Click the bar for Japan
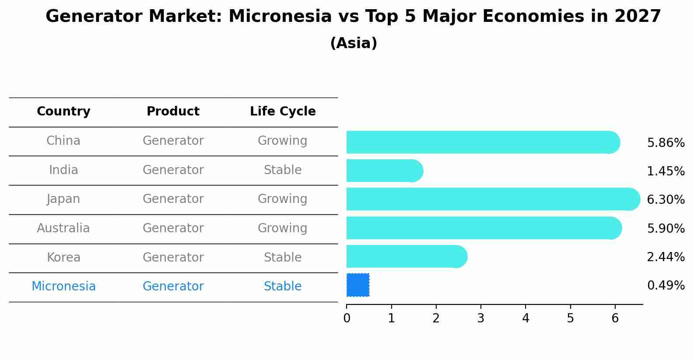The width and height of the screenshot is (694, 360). point(493,199)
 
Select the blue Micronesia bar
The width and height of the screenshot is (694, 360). point(358,285)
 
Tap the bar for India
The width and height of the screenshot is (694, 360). point(385,171)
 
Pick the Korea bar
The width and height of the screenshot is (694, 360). point(407,256)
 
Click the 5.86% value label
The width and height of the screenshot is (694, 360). point(666,143)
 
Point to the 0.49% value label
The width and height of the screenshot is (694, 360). point(666,285)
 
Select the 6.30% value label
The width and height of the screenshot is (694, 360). point(666,199)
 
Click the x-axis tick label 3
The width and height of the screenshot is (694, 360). point(480,318)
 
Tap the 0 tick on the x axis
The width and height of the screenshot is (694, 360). point(347,318)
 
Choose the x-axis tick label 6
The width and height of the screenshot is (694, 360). point(615,318)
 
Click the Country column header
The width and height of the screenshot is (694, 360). point(63,111)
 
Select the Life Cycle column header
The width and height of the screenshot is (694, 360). point(283,111)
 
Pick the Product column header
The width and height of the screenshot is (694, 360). point(173,111)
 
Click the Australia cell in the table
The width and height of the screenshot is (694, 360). point(63,228)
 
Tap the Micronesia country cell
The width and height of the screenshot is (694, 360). point(63,286)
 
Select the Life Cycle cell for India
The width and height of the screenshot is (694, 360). point(283,170)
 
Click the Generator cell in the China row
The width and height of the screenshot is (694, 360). point(173,141)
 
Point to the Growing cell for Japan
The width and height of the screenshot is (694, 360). point(282,199)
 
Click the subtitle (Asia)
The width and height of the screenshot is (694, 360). point(354,43)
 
